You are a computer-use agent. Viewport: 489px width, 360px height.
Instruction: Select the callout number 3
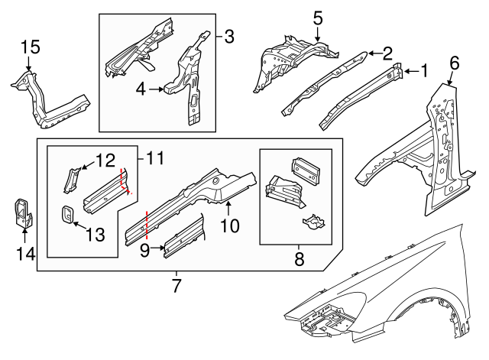click(x=229, y=35)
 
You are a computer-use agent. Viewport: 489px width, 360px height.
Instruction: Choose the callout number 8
click(x=299, y=259)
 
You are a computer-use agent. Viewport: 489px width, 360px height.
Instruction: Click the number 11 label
click(x=155, y=159)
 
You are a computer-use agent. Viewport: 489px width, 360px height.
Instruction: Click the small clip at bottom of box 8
click(x=312, y=223)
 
